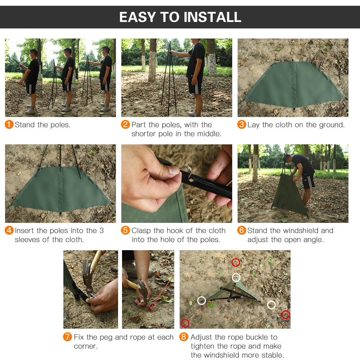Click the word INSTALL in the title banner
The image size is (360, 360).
click(x=212, y=17)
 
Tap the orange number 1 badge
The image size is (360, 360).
click(x=9, y=125)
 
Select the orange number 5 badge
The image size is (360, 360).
click(x=125, y=230)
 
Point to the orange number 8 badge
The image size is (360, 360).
click(x=184, y=337)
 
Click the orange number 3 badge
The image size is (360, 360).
click(x=242, y=125)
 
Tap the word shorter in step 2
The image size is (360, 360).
click(x=144, y=134)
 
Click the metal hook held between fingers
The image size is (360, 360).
click(x=186, y=169)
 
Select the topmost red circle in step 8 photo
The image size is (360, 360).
click(x=235, y=262)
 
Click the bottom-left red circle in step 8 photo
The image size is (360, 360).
click(x=185, y=323)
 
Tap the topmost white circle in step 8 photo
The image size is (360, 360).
click(x=236, y=277)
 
